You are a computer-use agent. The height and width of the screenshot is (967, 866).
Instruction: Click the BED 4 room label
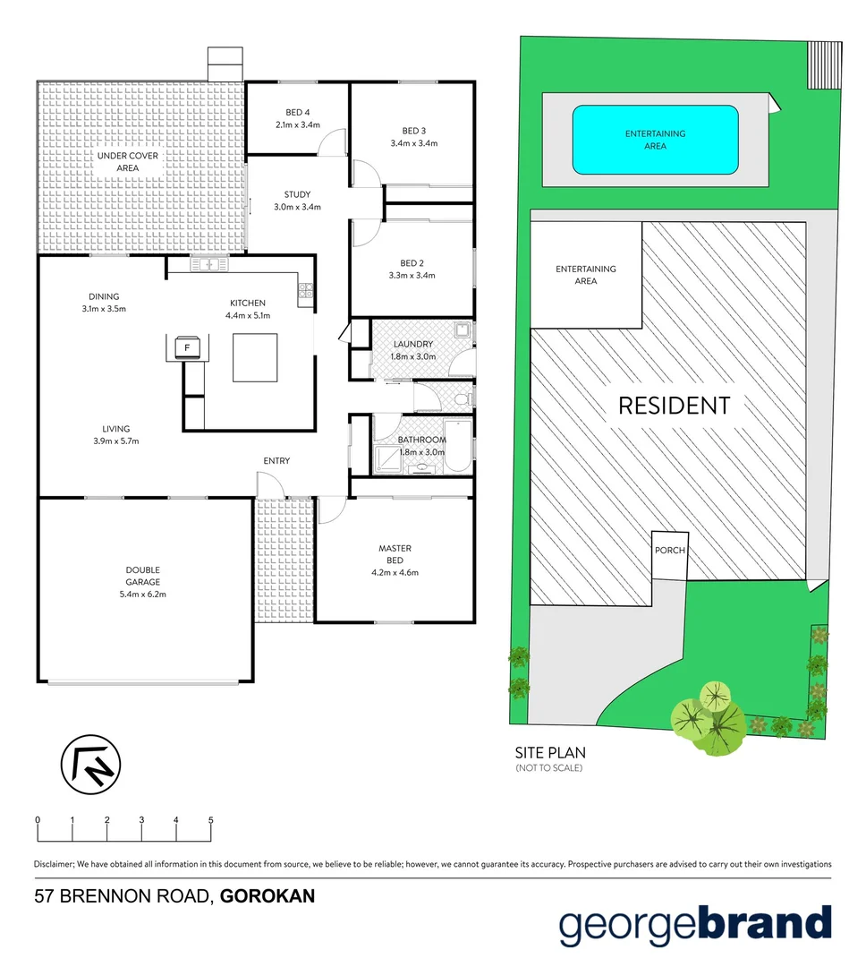coord(297,112)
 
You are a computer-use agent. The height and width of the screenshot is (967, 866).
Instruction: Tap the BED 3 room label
coord(412,131)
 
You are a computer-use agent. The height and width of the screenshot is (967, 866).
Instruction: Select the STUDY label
coord(297,194)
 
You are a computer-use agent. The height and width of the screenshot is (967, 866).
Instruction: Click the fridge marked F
coord(187,347)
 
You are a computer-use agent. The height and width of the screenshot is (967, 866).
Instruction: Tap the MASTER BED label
coord(394,549)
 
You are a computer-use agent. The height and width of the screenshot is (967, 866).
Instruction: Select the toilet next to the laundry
coord(462,395)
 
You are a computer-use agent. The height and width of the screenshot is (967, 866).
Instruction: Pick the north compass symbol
coord(90,764)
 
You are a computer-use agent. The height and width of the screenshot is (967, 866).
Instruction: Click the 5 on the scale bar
coord(211,820)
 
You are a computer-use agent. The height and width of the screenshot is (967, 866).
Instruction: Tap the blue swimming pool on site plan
coord(655,140)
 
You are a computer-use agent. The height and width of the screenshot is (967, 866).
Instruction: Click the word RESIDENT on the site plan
coord(674,406)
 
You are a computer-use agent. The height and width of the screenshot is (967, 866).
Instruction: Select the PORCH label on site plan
coord(669,550)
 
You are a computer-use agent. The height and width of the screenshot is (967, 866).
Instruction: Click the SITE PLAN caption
coord(550,753)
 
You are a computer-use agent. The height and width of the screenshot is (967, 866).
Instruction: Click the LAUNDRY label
coord(413,344)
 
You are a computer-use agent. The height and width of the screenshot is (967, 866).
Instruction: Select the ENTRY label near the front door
coord(276,461)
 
